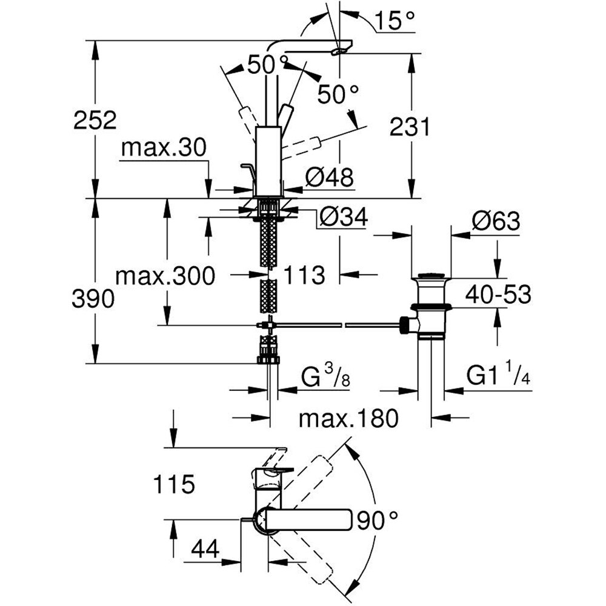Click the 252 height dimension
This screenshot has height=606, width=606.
pyautogui.click(x=94, y=120)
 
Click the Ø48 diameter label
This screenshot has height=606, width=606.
pyautogui.click(x=329, y=177)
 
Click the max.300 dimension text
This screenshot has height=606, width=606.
pyautogui.click(x=165, y=277)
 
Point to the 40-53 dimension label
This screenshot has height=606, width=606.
pyautogui.click(x=498, y=295)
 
